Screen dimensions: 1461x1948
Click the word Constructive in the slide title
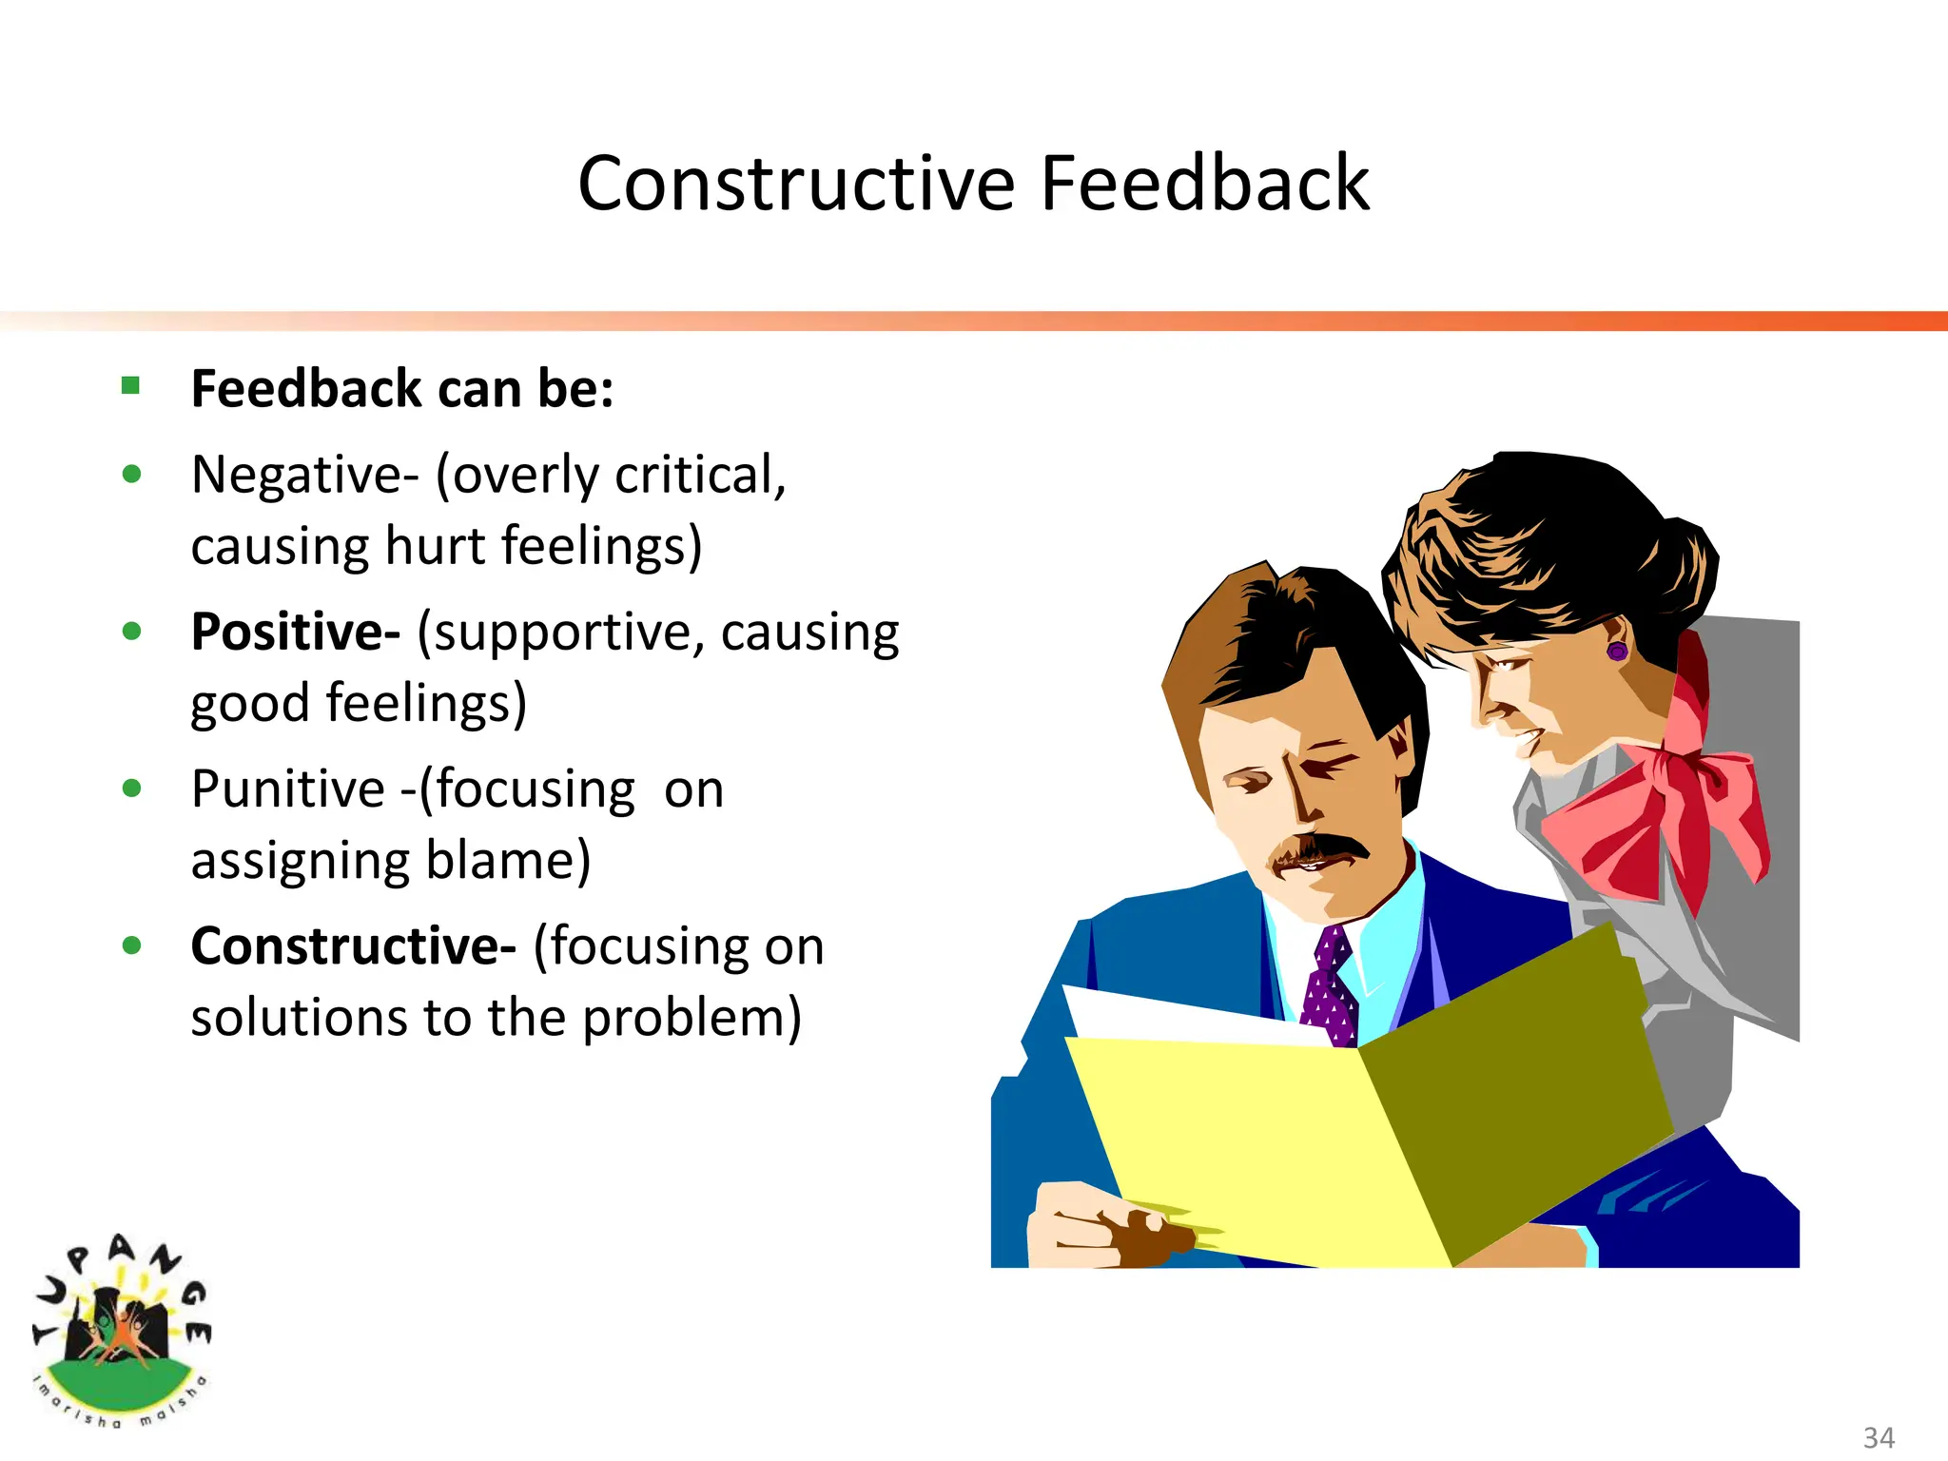click(796, 184)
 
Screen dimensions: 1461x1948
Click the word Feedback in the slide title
click(1204, 184)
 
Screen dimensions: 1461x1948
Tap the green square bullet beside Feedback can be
click(131, 385)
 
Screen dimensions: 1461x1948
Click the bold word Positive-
click(296, 632)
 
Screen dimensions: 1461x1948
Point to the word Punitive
click(287, 789)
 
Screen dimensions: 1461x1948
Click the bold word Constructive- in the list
click(353, 945)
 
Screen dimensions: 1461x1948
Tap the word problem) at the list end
click(692, 1018)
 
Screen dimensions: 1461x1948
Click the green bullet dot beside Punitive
click(132, 788)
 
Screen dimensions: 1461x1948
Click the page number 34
click(1878, 1436)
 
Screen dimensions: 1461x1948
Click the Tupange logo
click(121, 1332)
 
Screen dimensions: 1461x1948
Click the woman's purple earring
click(1617, 652)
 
